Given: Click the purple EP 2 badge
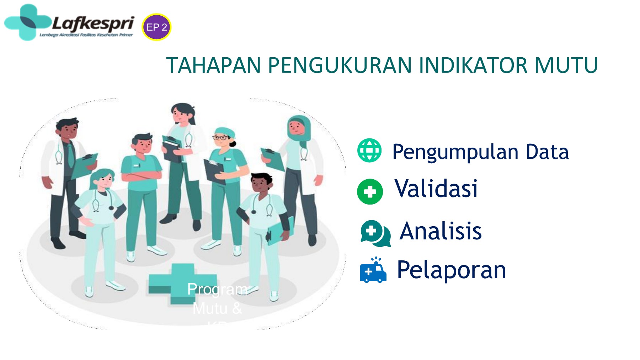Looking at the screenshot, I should (156, 27).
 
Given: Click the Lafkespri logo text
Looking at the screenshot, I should (93, 24).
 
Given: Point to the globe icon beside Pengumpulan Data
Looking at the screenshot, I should (369, 150).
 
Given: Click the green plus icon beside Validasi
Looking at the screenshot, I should (370, 192).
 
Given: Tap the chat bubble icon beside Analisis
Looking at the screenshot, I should (375, 233).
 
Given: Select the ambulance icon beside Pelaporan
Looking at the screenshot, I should (373, 271).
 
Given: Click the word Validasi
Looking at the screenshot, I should (436, 189).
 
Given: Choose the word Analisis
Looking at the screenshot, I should (441, 231).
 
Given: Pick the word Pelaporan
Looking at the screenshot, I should (451, 270).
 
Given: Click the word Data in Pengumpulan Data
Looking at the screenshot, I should (547, 152).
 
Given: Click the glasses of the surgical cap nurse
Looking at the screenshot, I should (221, 138).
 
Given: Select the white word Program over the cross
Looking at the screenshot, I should (217, 289).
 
